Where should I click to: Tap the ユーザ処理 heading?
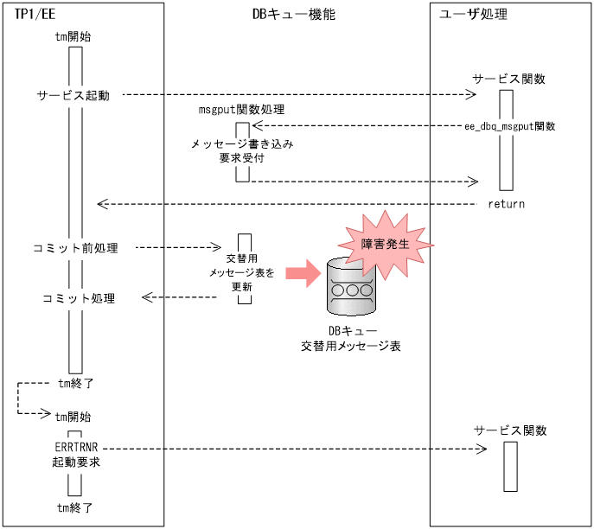[x=474, y=15]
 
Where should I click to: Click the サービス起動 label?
[x=73, y=95]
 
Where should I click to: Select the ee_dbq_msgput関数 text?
[x=509, y=127]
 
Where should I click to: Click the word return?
[x=506, y=204]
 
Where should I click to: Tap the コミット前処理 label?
[x=80, y=248]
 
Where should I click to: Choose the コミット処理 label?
[x=80, y=298]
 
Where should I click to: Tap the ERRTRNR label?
[x=74, y=449]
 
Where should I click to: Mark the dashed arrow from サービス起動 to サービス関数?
[x=294, y=95]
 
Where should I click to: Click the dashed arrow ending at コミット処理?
[x=179, y=297]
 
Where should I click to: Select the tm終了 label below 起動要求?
[x=74, y=507]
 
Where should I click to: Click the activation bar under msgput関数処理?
[x=243, y=152]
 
